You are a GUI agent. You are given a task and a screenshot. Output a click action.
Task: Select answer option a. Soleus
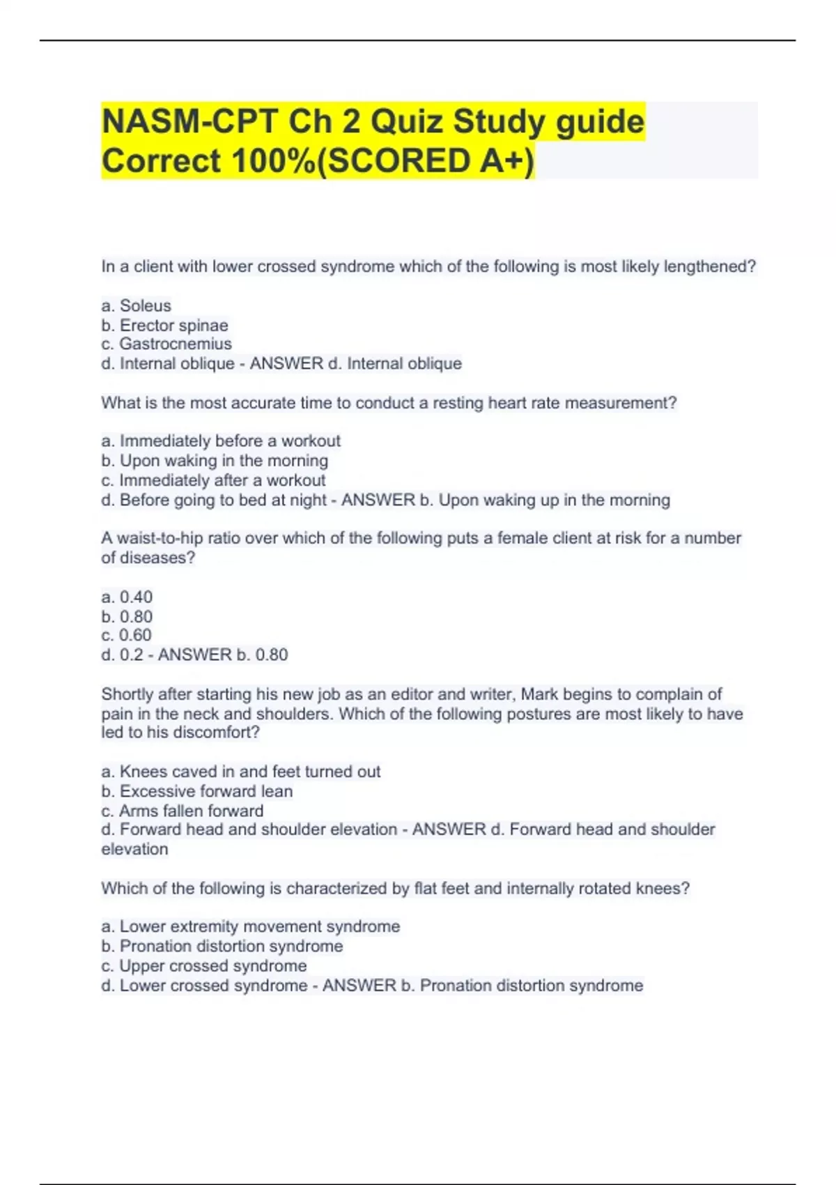(x=136, y=305)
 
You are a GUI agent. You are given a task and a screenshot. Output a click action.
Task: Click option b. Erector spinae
(x=164, y=325)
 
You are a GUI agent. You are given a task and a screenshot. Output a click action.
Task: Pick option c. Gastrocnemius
(x=167, y=344)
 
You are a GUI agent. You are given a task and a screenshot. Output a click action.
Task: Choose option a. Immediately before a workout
(x=221, y=441)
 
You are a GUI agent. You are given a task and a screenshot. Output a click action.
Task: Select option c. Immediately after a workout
(x=213, y=480)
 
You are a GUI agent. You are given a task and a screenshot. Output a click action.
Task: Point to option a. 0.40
(x=127, y=597)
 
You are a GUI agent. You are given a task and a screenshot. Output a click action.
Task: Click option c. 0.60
(x=126, y=635)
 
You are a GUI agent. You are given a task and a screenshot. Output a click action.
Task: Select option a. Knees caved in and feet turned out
(x=241, y=772)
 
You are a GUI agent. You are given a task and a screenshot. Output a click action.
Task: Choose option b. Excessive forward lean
(x=197, y=791)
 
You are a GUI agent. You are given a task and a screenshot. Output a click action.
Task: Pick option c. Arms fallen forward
(x=183, y=811)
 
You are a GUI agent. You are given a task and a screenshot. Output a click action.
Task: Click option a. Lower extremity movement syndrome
(x=251, y=926)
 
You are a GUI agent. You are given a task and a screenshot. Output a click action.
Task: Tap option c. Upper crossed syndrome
(x=204, y=965)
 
